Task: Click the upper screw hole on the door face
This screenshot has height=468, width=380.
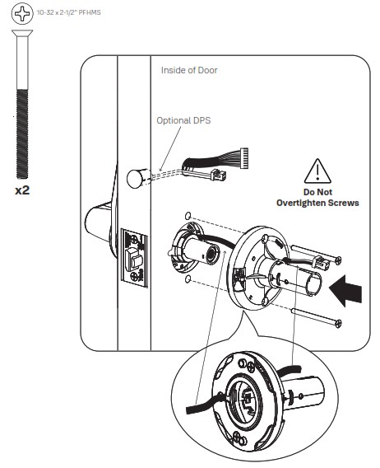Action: point(188,213)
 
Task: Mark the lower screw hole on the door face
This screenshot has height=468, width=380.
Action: point(188,281)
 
